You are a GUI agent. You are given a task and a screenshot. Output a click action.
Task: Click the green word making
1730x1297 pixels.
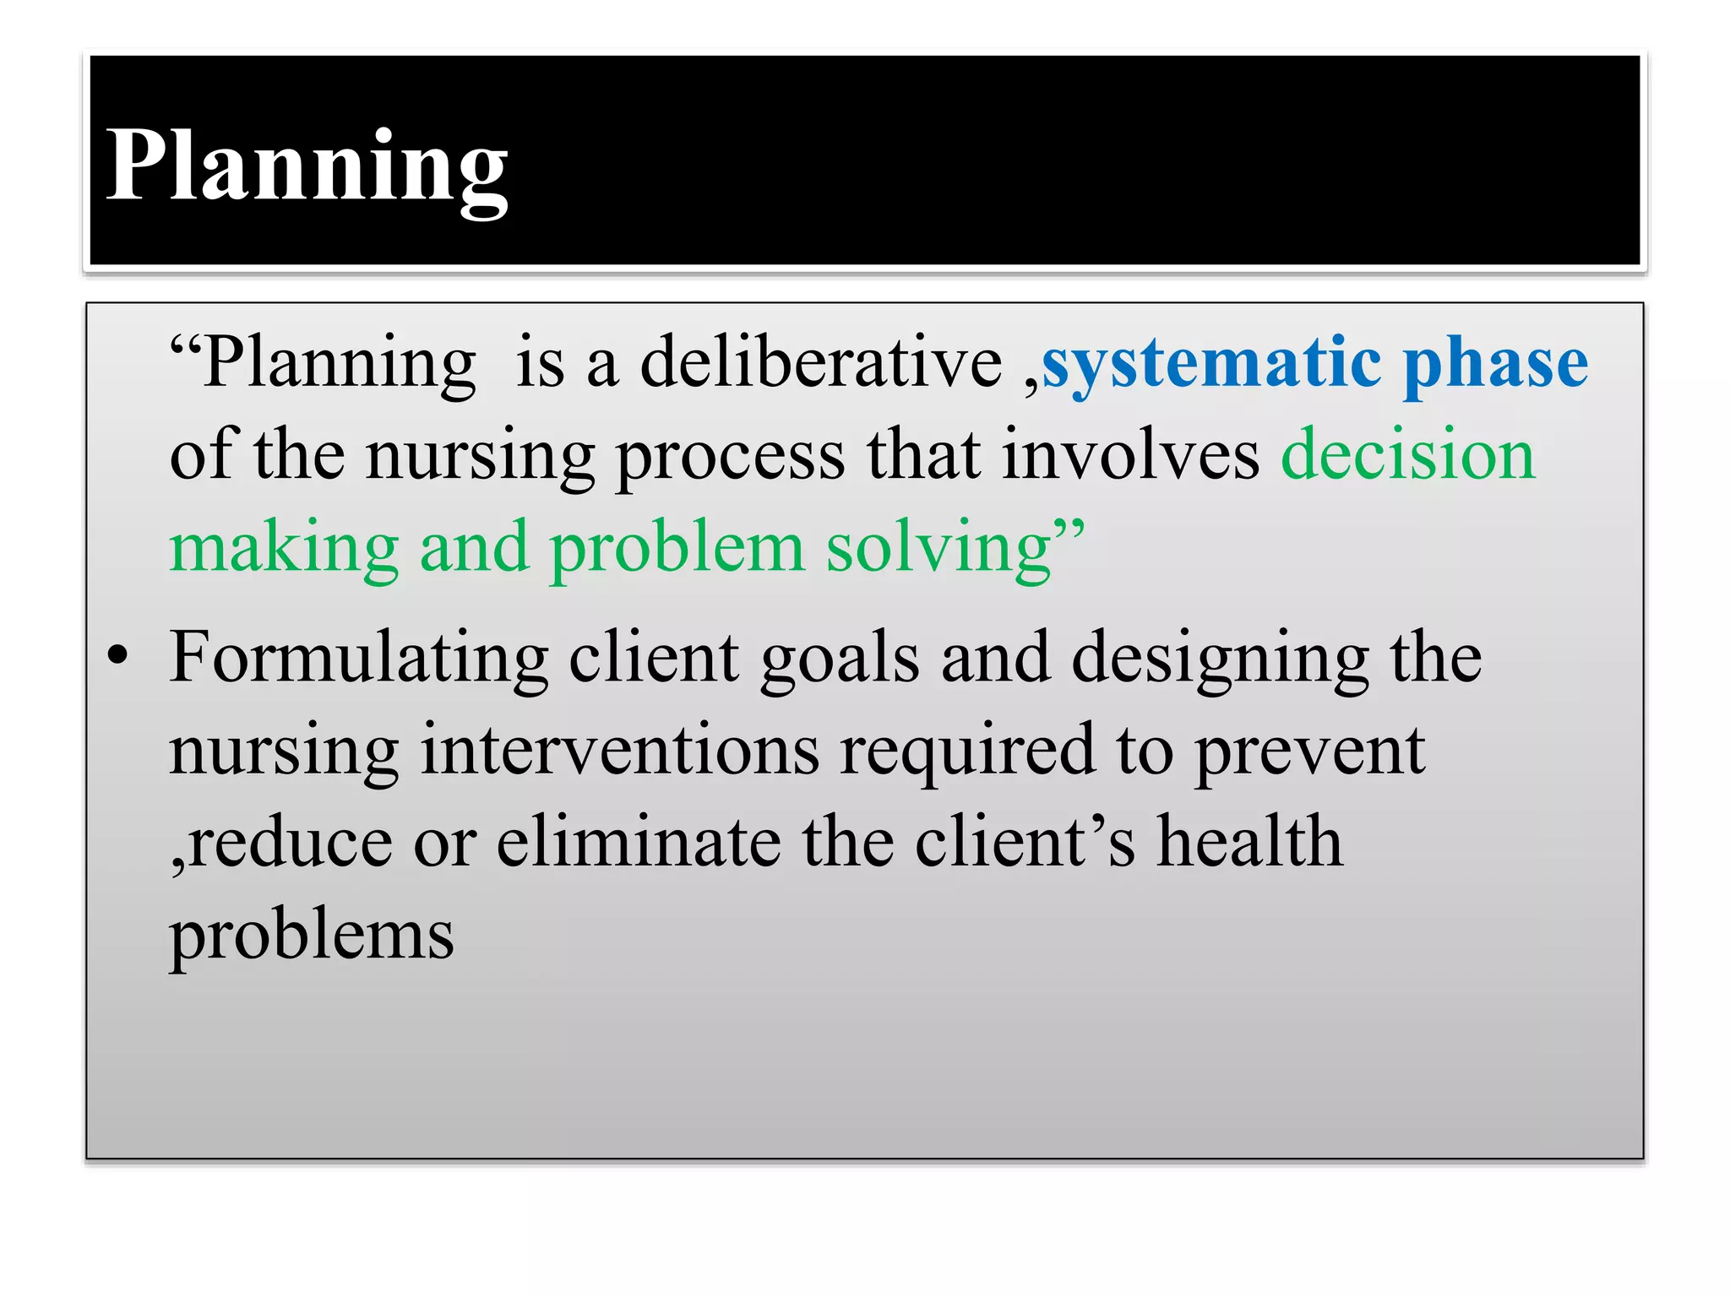[x=284, y=548]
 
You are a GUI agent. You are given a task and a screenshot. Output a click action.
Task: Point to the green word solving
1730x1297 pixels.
[x=938, y=548]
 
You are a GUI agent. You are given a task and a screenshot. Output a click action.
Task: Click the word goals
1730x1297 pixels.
[x=840, y=659]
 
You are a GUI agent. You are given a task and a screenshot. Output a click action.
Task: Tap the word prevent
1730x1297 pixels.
[x=1310, y=752]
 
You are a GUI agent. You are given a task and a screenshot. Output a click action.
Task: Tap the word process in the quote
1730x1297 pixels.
[x=730, y=456]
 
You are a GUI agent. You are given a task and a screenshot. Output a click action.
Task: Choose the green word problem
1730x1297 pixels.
[x=677, y=548]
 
